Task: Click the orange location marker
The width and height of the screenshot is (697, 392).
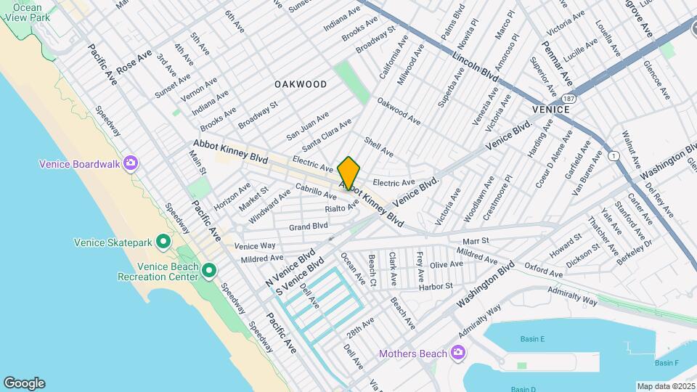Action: tap(348, 173)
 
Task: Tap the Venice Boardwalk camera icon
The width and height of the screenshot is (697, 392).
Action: tap(131, 163)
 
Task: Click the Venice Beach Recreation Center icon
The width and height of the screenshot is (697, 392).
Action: tap(209, 271)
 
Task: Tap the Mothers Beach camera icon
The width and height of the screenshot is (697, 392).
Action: tap(457, 354)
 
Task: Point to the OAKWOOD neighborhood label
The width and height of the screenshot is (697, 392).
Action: tap(301, 84)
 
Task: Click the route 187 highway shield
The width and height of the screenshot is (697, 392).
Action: tap(568, 97)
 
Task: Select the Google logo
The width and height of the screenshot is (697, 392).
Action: tap(23, 383)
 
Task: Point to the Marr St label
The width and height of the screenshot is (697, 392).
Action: tap(476, 240)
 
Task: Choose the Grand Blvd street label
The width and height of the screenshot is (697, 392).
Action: tap(309, 226)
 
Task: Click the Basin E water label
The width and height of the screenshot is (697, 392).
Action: tap(532, 339)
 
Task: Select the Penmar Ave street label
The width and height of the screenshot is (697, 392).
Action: tap(557, 62)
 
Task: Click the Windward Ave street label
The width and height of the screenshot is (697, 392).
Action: tap(269, 207)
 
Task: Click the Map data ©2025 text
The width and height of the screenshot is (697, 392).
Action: tap(665, 385)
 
